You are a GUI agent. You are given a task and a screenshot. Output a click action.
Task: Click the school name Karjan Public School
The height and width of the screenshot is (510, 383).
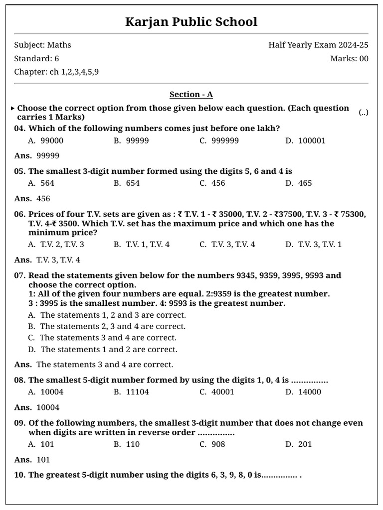pos(191,22)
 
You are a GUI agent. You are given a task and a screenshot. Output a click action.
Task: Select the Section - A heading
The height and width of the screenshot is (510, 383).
pos(191,95)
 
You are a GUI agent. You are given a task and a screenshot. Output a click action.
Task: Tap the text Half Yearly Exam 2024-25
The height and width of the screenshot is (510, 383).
pos(318,45)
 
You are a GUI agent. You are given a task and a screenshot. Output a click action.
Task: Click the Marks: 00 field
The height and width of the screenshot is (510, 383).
pos(349,59)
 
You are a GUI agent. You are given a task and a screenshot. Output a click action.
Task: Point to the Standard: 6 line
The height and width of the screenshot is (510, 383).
pos(36,59)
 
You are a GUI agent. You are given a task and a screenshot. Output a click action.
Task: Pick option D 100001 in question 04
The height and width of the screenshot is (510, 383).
pos(306,140)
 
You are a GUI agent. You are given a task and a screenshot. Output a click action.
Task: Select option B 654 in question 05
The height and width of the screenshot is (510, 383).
pos(127,183)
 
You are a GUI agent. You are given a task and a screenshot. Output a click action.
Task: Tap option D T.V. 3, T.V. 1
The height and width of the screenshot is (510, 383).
pos(314,245)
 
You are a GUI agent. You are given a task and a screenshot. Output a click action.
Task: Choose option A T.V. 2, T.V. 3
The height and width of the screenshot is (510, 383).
pos(56,245)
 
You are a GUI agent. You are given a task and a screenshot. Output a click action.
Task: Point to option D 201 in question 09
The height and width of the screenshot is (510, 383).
pos(299,444)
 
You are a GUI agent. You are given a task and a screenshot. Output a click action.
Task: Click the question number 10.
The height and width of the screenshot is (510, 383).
pos(19,475)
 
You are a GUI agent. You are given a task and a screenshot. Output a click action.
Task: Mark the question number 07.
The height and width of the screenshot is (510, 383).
pos(19,275)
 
